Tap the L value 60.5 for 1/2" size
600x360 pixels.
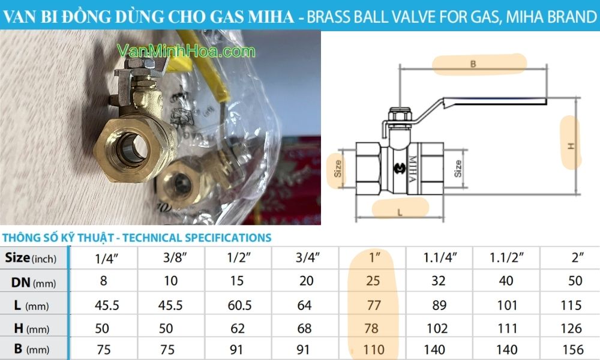tap(239, 305)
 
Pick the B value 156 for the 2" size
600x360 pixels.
tap(571, 349)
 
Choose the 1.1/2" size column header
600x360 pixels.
tap(504, 259)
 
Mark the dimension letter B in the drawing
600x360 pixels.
tap(473, 64)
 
